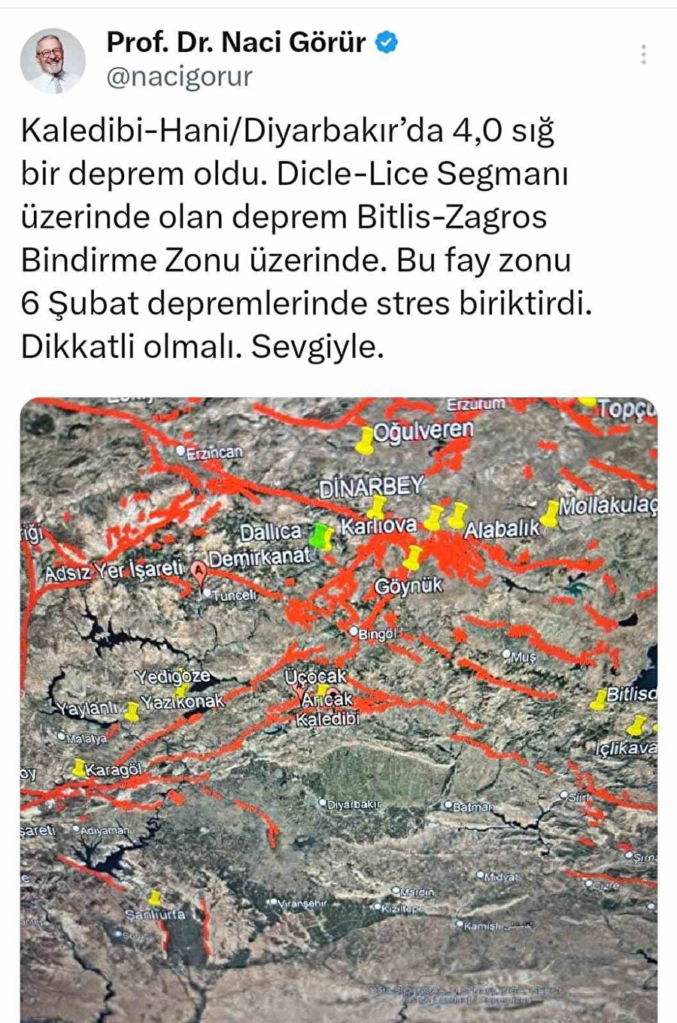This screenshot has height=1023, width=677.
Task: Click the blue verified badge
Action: tap(387, 43)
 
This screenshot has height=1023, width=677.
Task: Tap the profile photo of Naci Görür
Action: tap(53, 60)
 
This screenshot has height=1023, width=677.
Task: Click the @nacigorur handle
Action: tap(179, 77)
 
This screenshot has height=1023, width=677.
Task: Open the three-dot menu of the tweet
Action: tap(644, 54)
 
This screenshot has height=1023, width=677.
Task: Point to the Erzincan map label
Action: tap(214, 452)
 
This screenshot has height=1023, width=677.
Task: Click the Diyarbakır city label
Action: tap(354, 804)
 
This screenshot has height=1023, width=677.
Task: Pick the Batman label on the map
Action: tap(473, 807)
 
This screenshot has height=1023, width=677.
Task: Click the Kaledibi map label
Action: tap(328, 719)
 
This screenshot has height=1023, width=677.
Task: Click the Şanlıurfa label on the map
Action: tap(155, 915)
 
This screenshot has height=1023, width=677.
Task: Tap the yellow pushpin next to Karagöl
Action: tap(79, 768)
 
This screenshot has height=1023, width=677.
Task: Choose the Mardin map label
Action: tap(417, 892)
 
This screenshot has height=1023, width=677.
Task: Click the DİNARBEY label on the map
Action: tap(372, 487)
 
